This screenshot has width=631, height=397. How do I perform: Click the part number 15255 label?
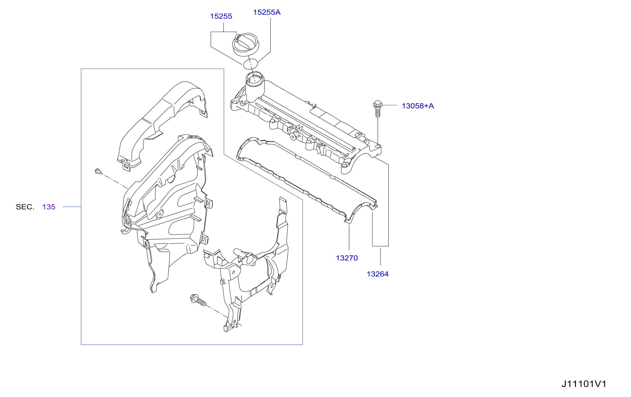coord(221,16)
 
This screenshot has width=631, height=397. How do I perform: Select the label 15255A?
coord(267,12)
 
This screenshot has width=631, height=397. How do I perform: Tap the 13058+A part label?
coord(418,106)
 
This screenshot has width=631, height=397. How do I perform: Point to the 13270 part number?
coord(347,258)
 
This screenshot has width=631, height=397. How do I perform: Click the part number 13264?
coord(378,274)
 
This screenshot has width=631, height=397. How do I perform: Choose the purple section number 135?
coord(49,207)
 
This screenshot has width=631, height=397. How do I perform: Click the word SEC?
coord(25,207)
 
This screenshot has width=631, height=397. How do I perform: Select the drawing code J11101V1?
coord(584,384)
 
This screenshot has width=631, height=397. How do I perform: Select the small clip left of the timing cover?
coord(98,171)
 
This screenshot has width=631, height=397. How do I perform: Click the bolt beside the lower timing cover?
coord(198,300)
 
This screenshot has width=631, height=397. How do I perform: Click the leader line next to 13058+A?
coord(390,105)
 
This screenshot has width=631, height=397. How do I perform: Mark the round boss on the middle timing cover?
coord(160,214)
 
